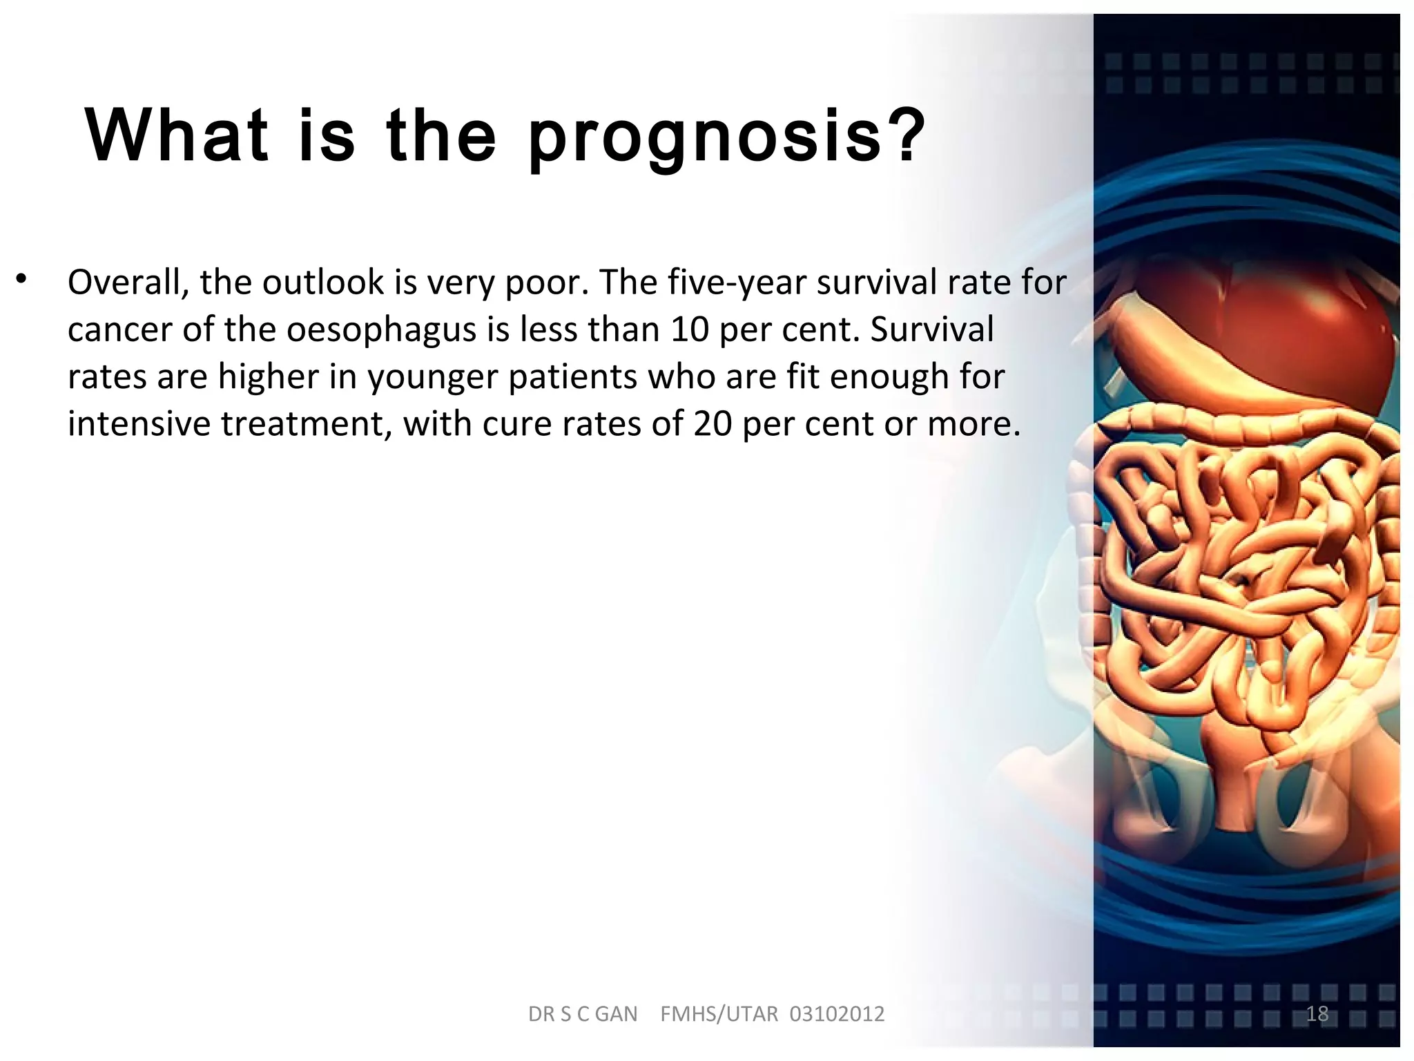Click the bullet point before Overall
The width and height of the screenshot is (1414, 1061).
coord(22,280)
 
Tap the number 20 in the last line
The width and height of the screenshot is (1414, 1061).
coord(713,423)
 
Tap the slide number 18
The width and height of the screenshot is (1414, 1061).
coord(1317,1013)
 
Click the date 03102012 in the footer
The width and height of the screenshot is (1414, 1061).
coord(837,1014)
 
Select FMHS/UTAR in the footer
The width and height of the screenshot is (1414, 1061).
coord(719,1014)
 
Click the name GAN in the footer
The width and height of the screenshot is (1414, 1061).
coord(616,1014)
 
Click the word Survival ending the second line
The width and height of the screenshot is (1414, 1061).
coord(931,329)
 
